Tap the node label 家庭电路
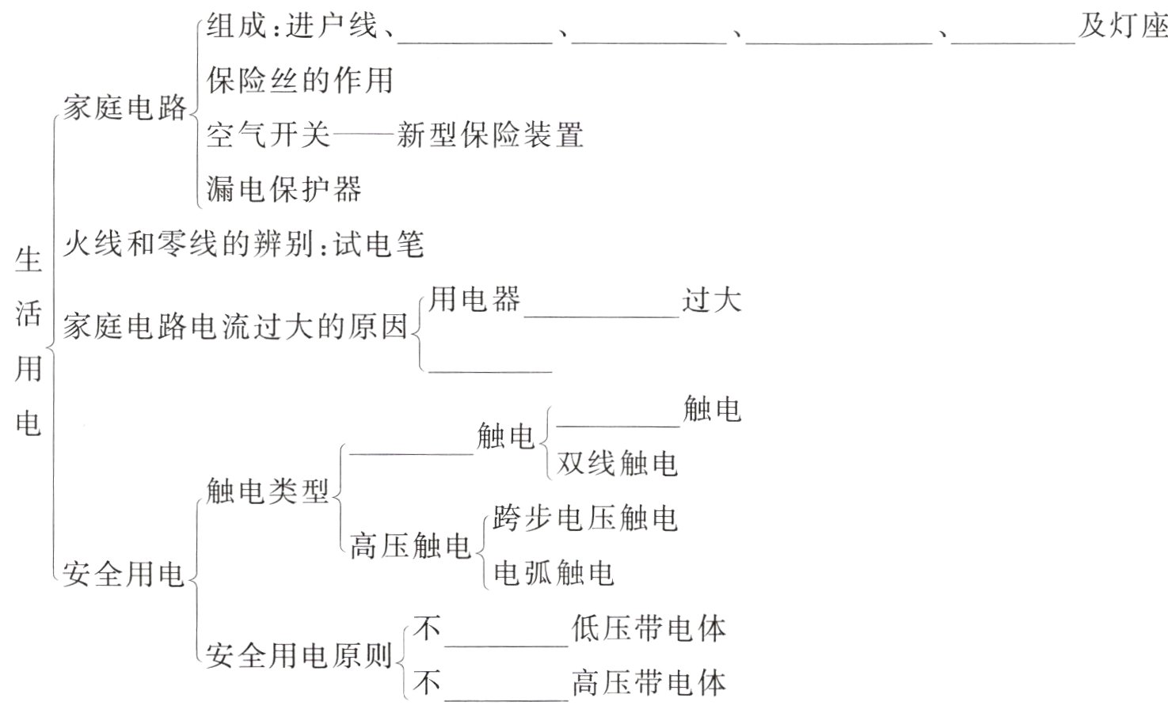(x=125, y=108)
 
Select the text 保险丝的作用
(x=300, y=81)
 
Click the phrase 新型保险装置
(x=490, y=135)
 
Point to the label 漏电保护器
(x=284, y=189)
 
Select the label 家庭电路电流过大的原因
(x=235, y=326)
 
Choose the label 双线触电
(x=618, y=463)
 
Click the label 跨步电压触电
(x=586, y=518)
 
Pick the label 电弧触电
(x=554, y=572)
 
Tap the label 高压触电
(x=410, y=546)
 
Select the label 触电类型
(x=268, y=491)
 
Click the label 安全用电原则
(x=299, y=655)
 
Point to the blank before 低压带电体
(x=506, y=639)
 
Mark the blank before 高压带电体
(x=506, y=694)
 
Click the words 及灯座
(x=1123, y=27)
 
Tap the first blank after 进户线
(x=474, y=36)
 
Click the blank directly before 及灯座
(x=1013, y=36)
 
